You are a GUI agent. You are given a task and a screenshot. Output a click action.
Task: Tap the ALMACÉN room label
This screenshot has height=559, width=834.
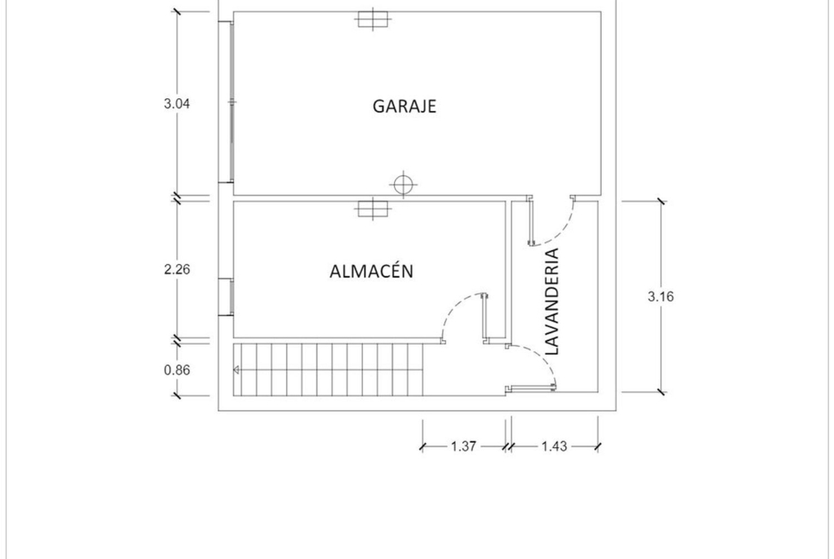coord(371,271)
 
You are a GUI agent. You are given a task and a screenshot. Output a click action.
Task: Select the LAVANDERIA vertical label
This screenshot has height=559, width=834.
coord(553,301)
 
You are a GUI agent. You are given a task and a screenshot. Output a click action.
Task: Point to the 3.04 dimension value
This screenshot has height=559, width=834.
coord(177,104)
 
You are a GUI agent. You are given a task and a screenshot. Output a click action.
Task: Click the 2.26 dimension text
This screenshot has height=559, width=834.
coord(177,269)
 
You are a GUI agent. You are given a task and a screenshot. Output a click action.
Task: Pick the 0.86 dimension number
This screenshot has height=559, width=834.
coord(177,370)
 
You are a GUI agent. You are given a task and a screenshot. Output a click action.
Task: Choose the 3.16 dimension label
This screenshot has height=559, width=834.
coord(661,296)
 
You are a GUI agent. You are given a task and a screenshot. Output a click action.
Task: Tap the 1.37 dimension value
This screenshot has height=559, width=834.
coord(463,446)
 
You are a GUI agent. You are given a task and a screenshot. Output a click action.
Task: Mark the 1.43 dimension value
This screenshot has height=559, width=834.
coord(555,446)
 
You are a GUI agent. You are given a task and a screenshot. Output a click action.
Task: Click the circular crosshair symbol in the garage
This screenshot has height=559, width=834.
coord(403,185)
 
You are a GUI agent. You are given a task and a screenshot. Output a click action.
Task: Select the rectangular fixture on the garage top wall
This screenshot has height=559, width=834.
coord(373,19)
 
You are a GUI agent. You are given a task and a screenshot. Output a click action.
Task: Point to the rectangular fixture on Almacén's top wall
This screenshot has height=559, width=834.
coord(373,209)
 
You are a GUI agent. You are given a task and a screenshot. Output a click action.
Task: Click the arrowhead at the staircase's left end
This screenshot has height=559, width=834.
coord(236,370)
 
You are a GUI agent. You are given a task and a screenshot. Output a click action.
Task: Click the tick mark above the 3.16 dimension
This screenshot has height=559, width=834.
coord(661,202)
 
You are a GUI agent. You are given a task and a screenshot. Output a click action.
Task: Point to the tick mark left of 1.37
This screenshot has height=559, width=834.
coord(423,447)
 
